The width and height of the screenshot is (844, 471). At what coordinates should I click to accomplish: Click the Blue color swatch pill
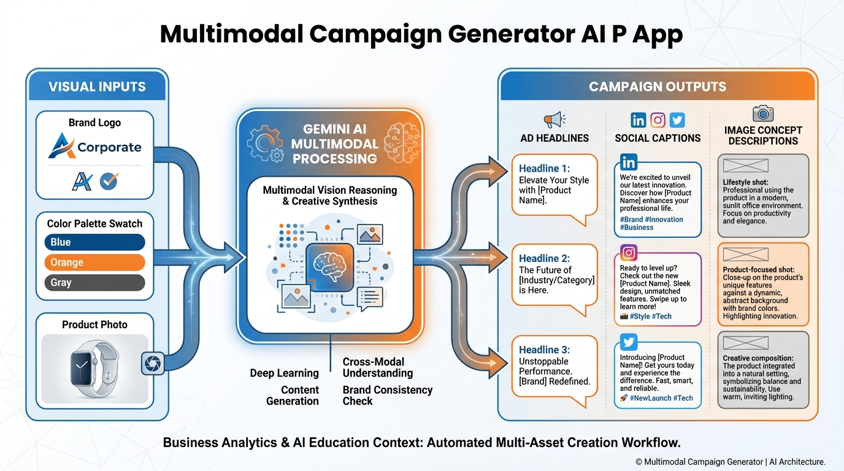94,242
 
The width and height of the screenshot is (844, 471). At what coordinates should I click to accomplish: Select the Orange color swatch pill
94,262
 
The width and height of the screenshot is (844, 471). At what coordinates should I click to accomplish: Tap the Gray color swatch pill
94,283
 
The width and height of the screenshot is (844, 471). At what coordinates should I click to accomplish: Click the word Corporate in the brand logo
109,147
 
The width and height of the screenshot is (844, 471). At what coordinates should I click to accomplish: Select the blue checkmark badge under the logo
109,181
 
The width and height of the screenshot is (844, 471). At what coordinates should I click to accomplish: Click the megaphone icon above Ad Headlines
554,120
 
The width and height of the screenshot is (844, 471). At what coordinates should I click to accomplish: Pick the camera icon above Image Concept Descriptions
763,113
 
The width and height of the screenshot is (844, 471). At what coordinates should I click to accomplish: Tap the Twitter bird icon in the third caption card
629,342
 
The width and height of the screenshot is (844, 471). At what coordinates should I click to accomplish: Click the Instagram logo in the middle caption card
629,253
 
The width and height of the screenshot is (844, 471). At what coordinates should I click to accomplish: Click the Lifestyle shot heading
745,182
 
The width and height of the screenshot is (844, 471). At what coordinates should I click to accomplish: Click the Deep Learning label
284,373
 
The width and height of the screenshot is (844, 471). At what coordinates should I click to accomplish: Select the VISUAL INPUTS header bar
97,86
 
